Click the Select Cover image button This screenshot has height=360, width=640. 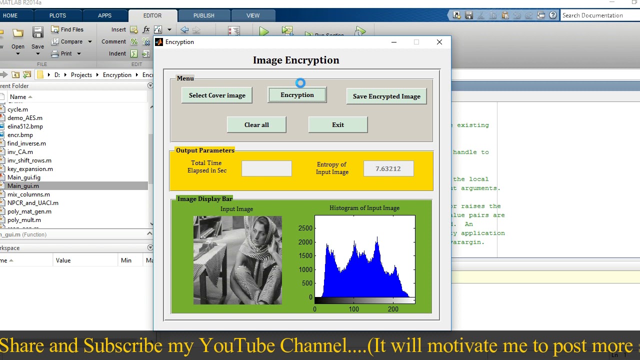(x=217, y=95)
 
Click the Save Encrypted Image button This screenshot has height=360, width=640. (x=386, y=96)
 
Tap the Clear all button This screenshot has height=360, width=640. (x=256, y=125)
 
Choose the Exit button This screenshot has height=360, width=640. (x=338, y=125)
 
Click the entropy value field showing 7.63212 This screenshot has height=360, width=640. (x=388, y=169)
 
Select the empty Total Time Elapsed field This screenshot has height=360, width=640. (x=266, y=169)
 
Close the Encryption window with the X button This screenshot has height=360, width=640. (x=439, y=42)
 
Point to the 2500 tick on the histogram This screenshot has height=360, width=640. (x=305, y=228)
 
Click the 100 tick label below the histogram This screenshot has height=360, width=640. (x=353, y=309)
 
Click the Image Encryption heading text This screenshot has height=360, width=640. (x=296, y=60)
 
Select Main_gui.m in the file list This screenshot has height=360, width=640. (x=23, y=186)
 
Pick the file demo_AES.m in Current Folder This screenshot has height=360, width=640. (x=25, y=118)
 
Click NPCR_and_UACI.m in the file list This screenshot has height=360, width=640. (x=33, y=203)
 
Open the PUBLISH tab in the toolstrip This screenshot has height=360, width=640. (x=203, y=15)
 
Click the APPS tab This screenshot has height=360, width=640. (x=104, y=15)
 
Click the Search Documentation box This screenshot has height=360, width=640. (x=597, y=15)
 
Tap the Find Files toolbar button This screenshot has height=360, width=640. (x=67, y=29)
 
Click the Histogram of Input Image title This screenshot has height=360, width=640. (x=364, y=208)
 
